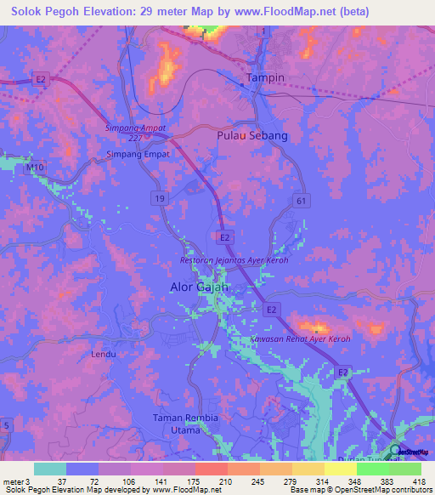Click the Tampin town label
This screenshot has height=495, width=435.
point(265,77)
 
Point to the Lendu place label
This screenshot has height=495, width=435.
point(103,353)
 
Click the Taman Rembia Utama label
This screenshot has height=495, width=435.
point(185,424)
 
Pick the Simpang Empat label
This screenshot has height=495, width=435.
point(138,155)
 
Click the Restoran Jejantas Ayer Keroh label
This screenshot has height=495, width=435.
point(234,259)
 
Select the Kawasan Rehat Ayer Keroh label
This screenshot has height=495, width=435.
point(300,339)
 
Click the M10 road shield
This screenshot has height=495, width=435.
point(34,168)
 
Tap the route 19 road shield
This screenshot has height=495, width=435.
point(159,197)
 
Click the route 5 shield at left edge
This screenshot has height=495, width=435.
point(7,424)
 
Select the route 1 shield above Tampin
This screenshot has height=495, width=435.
point(264,31)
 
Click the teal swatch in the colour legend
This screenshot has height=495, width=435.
point(49,469)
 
